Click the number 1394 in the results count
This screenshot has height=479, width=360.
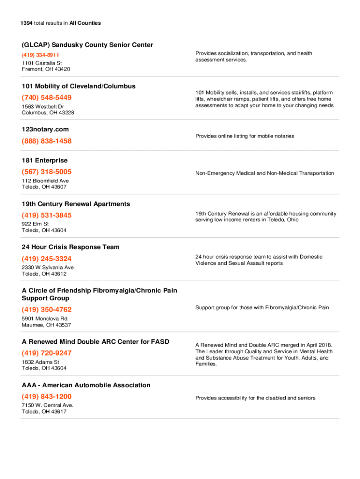pos(27,23)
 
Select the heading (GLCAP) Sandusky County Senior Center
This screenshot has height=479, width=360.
pos(87,45)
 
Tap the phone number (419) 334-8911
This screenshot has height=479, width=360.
pos(40,55)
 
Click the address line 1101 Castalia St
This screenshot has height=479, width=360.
pos(42,63)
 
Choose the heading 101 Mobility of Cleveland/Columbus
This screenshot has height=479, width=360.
pos(79,86)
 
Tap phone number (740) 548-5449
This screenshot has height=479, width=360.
pos(47,98)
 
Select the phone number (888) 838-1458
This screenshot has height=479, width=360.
pos(47,141)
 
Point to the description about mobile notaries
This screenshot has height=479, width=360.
pos(245,136)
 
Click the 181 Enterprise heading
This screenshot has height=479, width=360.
pos(44,160)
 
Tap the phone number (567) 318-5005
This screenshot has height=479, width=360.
pos(47,172)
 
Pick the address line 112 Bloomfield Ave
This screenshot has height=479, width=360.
pos(45,181)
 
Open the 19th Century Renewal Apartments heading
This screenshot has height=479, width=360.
pos(76,204)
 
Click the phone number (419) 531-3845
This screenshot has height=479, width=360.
pos(47,215)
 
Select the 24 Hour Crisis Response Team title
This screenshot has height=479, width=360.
pos(70,247)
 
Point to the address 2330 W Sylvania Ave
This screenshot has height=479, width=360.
pos(48,268)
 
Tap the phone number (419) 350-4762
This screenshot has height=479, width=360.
pos(47,310)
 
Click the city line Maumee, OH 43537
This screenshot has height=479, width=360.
pos(46,325)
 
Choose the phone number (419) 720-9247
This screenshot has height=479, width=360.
pos(47,353)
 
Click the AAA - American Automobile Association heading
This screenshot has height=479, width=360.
pos(86,385)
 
